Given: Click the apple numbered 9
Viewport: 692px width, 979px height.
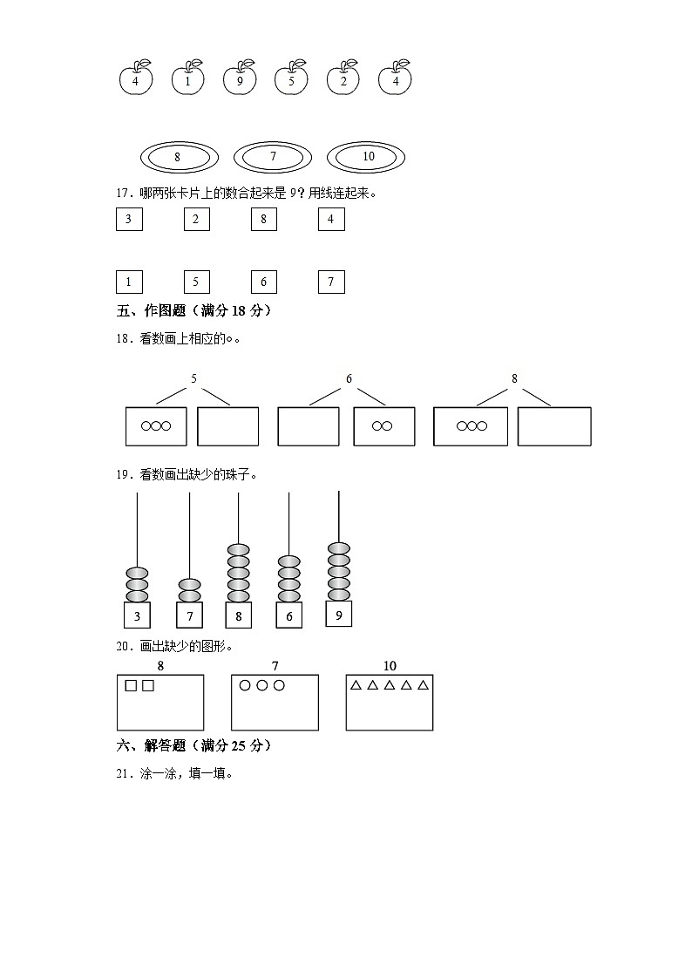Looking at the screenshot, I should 240,80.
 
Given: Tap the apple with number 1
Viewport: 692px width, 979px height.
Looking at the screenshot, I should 187,80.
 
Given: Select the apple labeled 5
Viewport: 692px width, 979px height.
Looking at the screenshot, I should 291,80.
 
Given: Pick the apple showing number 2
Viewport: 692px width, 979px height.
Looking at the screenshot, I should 343,80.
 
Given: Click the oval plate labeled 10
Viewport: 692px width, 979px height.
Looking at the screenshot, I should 366,157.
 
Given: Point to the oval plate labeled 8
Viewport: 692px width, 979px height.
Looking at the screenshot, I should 179,157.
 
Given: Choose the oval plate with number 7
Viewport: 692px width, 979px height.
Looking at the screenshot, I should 273,157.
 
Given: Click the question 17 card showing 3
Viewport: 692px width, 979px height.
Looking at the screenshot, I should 129,220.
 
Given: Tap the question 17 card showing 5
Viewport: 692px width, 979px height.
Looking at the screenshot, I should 196,282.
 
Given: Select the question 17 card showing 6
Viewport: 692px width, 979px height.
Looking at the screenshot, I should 263,282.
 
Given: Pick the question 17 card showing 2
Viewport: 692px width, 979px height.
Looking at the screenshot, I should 196,220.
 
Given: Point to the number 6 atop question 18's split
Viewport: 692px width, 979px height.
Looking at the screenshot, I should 349,378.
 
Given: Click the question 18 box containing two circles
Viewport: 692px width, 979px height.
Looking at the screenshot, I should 383,426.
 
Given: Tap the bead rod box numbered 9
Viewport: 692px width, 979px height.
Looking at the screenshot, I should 339,614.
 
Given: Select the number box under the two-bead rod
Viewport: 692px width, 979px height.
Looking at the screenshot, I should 189,615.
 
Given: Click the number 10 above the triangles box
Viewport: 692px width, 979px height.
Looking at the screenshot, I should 389,666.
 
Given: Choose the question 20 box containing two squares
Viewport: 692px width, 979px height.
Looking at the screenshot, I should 160,703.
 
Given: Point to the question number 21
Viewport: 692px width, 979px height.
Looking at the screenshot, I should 123,772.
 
